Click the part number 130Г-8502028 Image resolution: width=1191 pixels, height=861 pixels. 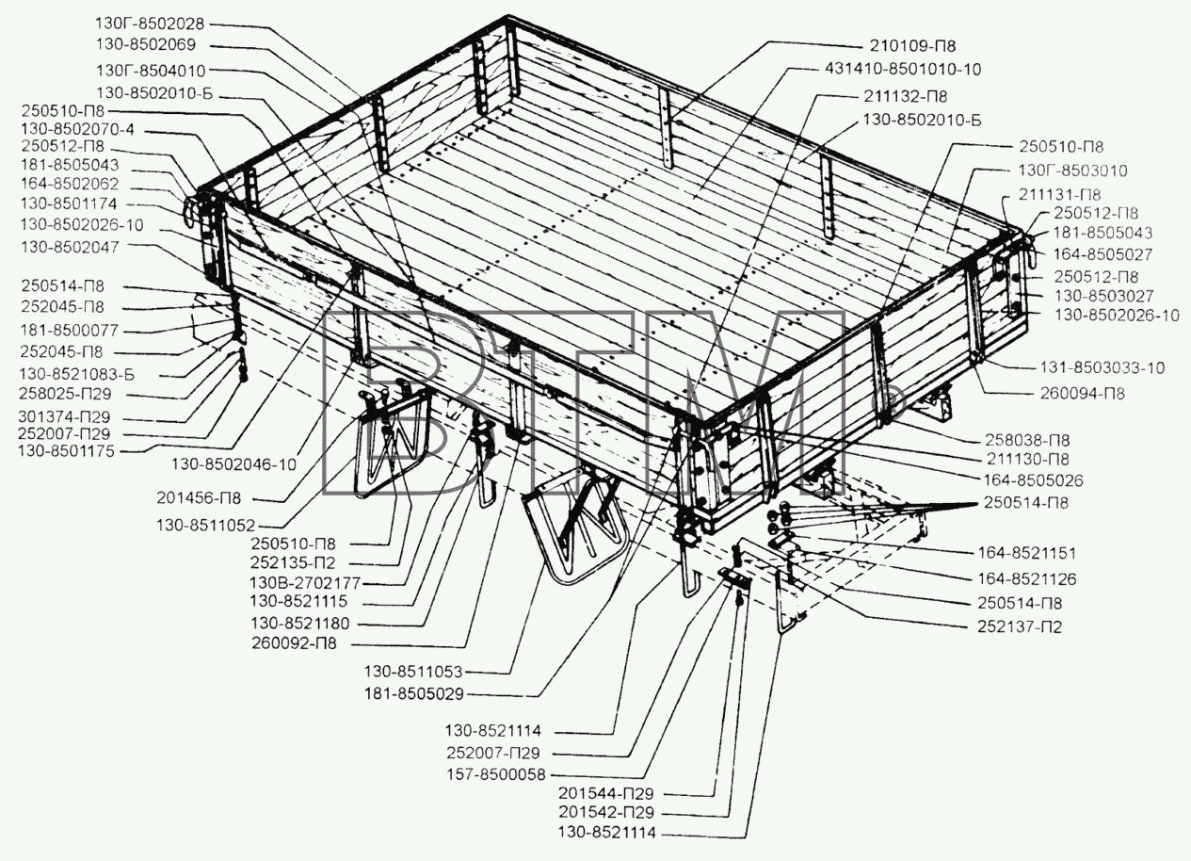tap(150, 24)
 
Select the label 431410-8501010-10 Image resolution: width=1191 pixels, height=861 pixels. tap(903, 69)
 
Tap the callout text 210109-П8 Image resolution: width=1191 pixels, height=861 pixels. tap(912, 46)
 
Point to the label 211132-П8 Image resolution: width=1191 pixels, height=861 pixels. tap(905, 96)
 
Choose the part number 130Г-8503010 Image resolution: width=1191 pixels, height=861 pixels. tap(1072, 171)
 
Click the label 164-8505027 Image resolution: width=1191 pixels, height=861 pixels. tap(1102, 254)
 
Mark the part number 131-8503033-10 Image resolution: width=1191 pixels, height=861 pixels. tap(1102, 367)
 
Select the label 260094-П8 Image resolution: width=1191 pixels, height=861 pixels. tap(1083, 393)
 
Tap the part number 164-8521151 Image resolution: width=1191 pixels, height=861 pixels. tap(1027, 553)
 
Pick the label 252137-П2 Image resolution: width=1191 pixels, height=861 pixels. tap(1020, 626)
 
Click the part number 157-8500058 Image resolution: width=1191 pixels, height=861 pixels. tap(496, 774)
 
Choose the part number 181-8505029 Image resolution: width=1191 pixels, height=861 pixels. tap(413, 694)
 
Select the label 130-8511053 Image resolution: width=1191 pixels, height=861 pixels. tap(413, 672)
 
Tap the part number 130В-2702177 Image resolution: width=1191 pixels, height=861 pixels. tap(305, 583)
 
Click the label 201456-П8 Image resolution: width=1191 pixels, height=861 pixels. tap(199, 498)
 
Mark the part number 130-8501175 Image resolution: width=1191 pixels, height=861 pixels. tap(66, 451)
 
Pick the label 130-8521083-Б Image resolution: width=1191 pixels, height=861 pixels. tap(76, 374)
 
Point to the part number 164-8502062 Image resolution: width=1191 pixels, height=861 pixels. tap(70, 184)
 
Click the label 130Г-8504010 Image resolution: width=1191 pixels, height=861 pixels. tap(151, 71)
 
